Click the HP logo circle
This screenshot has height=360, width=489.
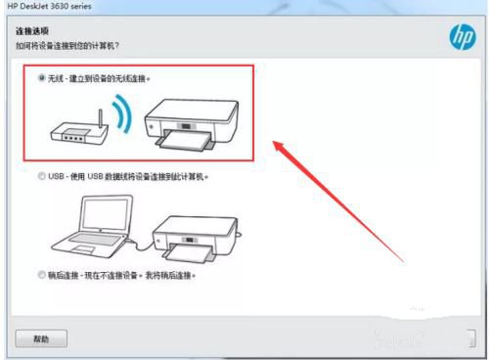pyautogui.click(x=460, y=37)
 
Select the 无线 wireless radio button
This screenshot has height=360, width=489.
pyautogui.click(x=41, y=77)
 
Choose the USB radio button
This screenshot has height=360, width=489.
pyautogui.click(x=41, y=177)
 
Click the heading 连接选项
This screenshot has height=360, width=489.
pyautogui.click(x=32, y=32)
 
